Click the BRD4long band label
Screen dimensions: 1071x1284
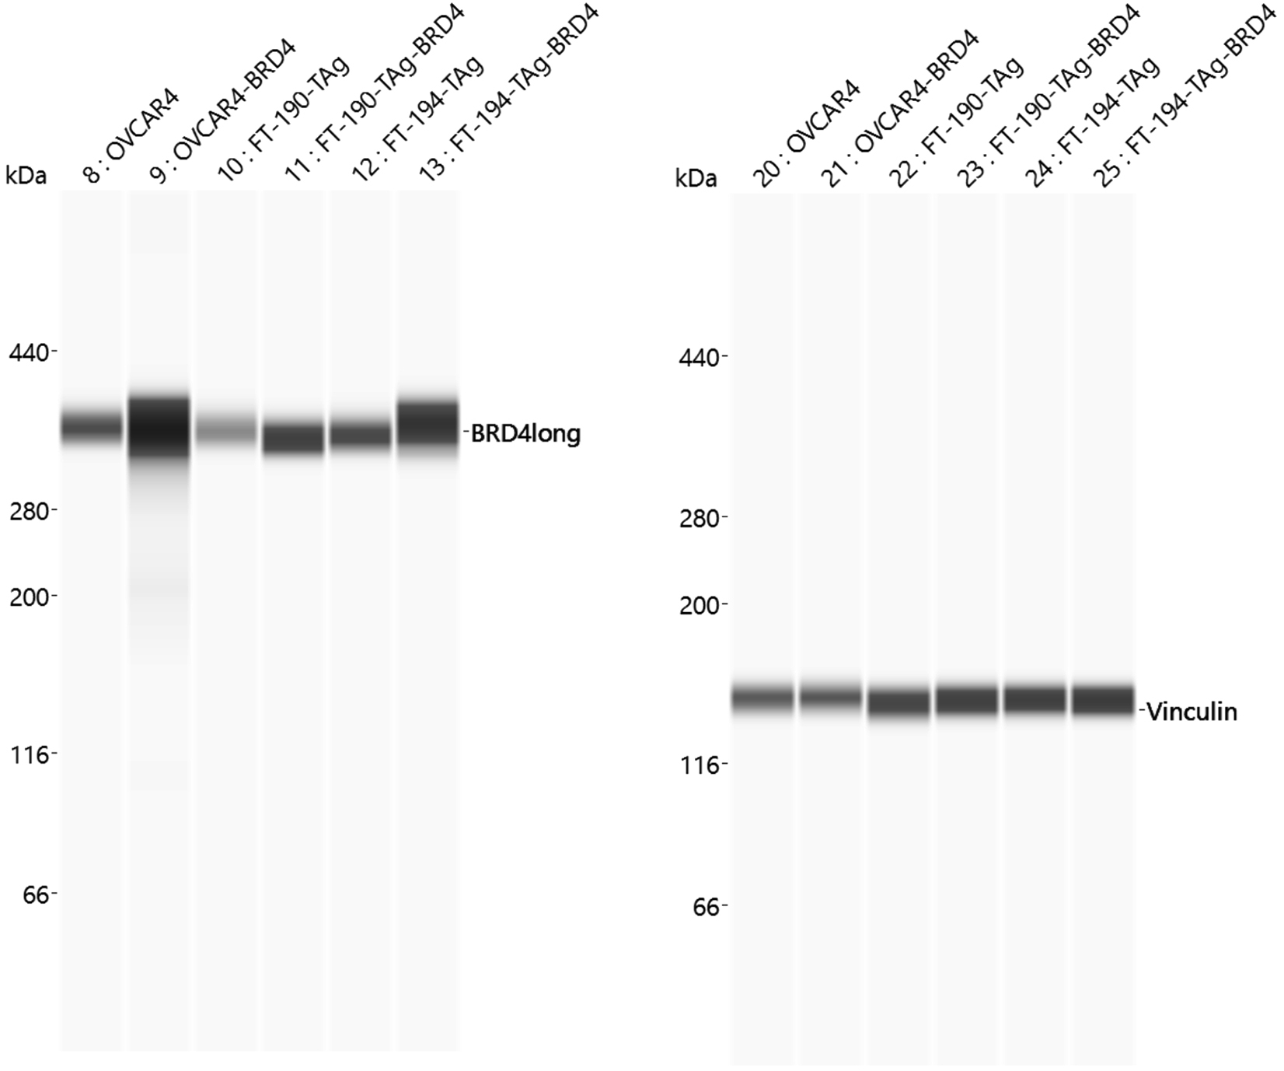[x=526, y=433]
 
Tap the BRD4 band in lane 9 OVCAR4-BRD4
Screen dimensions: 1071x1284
[x=159, y=428]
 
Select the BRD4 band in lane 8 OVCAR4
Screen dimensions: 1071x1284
[x=92, y=425]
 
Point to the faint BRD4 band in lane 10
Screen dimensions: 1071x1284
[x=225, y=427]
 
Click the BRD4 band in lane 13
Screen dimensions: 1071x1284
[x=428, y=425]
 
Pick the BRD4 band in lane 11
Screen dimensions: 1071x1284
[x=293, y=438]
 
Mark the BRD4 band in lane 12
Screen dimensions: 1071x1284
[x=361, y=434]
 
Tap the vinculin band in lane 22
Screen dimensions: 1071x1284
[x=898, y=702]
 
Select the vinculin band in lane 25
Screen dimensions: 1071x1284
[x=1103, y=700]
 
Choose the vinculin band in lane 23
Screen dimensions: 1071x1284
[x=967, y=700]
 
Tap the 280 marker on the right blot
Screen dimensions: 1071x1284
[x=700, y=517]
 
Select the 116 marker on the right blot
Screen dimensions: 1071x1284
[x=700, y=765]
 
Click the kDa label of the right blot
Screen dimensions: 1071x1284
[x=696, y=179]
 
